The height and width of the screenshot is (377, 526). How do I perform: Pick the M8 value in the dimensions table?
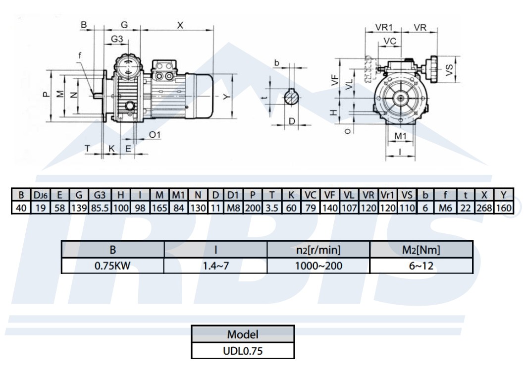[x=233, y=209]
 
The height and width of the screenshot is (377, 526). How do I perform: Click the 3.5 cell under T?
[x=272, y=209]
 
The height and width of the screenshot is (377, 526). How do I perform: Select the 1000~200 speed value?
[x=318, y=266]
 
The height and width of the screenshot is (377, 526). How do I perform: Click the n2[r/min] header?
[x=318, y=250]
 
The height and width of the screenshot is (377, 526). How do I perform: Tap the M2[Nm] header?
[x=421, y=250]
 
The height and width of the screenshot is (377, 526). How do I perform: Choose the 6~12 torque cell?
[x=421, y=266]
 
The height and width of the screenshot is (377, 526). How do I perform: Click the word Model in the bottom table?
[x=243, y=334]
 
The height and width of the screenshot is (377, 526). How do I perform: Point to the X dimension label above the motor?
[x=180, y=25]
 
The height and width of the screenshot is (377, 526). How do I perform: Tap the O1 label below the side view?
[x=155, y=135]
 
